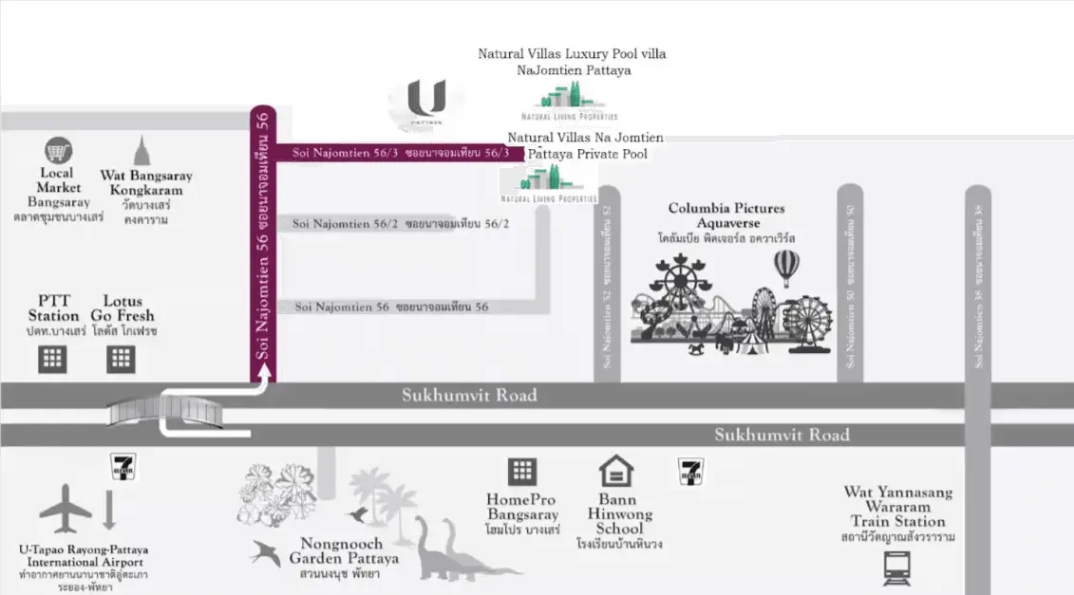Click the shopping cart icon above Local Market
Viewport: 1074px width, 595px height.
[59, 151]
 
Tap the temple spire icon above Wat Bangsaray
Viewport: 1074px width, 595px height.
[142, 152]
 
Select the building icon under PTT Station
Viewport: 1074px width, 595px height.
[52, 359]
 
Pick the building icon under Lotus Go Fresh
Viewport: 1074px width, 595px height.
[121, 359]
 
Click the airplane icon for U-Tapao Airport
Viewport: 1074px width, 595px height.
[66, 510]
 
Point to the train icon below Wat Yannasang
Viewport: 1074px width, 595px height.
[896, 567]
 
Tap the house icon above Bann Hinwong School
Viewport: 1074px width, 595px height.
[616, 471]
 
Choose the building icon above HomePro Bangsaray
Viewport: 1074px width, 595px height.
[521, 471]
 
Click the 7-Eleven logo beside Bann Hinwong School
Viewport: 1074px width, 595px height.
[690, 471]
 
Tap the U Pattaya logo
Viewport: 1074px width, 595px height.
[425, 103]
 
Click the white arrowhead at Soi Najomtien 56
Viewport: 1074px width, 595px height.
[263, 372]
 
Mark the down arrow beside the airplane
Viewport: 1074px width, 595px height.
[109, 510]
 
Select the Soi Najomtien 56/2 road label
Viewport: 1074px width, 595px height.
[401, 224]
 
